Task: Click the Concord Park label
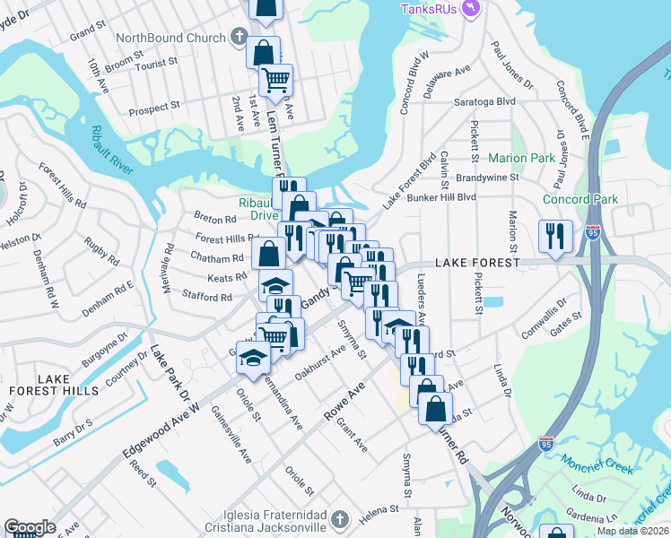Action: [580, 199]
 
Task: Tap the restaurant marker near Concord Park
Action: [554, 237]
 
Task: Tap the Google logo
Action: [30, 526]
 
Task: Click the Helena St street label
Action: [379, 510]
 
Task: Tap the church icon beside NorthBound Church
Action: [239, 38]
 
